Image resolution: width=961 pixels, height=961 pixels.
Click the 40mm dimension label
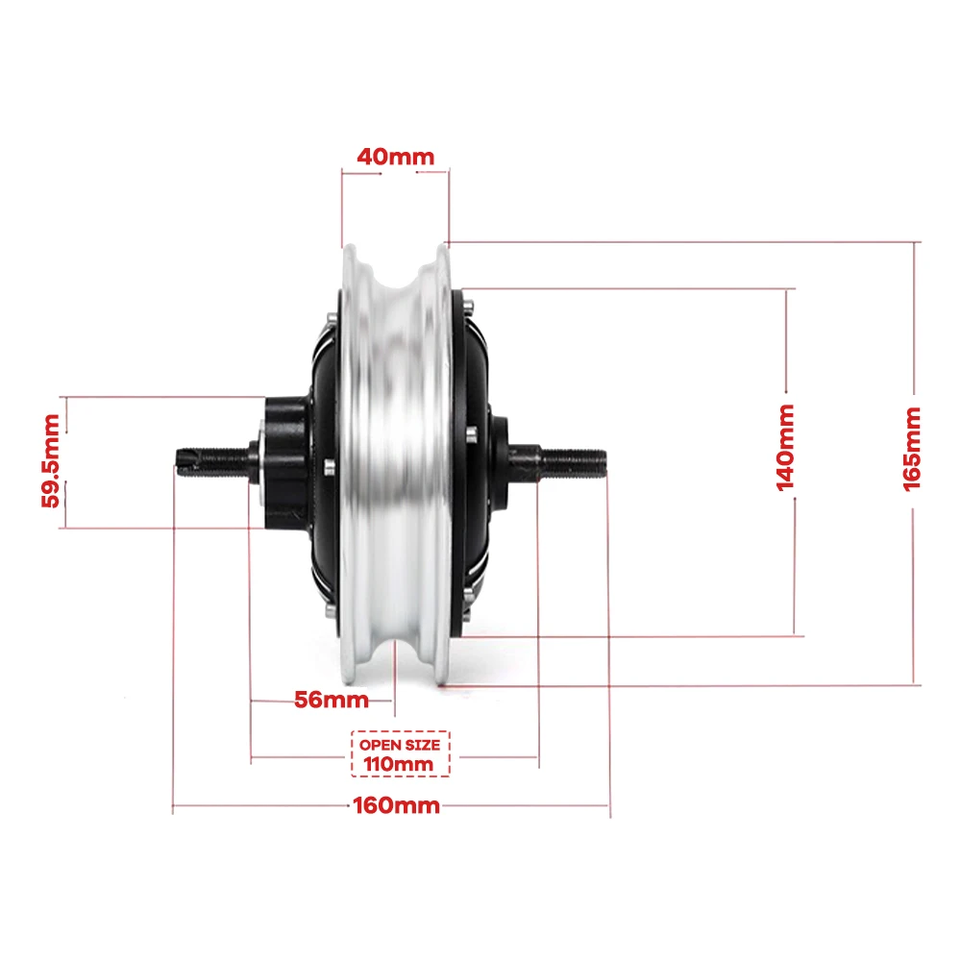click(x=395, y=157)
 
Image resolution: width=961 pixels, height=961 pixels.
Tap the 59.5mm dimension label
click(x=51, y=460)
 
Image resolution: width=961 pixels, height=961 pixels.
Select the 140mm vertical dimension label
click(x=786, y=447)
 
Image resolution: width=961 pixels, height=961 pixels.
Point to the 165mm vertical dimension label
click(x=912, y=448)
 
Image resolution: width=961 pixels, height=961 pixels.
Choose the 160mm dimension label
click(x=395, y=805)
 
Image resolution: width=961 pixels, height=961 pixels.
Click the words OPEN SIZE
click(x=400, y=745)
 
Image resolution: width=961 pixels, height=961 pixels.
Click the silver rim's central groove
click(x=396, y=461)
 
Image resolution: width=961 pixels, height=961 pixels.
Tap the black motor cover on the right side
click(x=480, y=384)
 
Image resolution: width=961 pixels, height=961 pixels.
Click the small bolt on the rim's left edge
click(x=329, y=468)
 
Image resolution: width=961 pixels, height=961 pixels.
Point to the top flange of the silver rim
click(x=395, y=252)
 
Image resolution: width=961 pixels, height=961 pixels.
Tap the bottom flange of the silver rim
click(x=395, y=673)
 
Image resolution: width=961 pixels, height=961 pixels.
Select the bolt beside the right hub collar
click(x=470, y=434)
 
